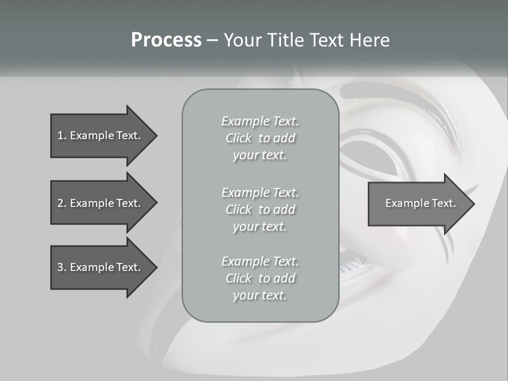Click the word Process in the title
click(166, 40)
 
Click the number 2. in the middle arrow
click(61, 203)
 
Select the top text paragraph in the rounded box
click(260, 138)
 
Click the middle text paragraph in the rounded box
click(260, 209)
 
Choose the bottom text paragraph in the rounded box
click(260, 278)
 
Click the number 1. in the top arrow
click(61, 135)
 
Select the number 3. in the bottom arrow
click(61, 267)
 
